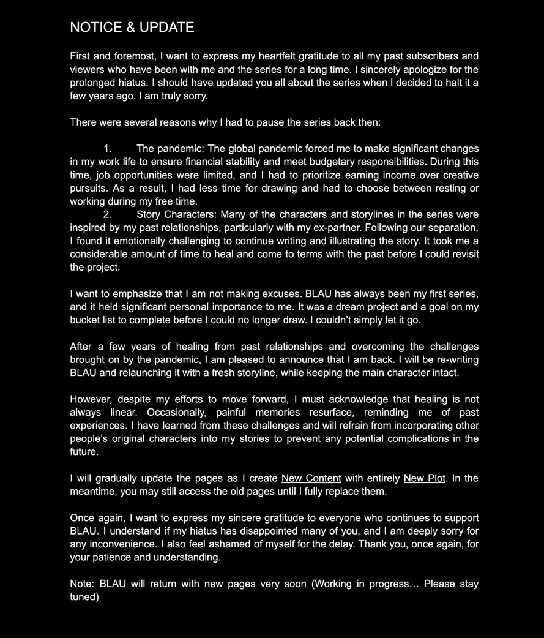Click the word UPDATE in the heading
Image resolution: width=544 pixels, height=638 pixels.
[x=166, y=28]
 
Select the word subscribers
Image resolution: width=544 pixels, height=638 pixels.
[x=425, y=57]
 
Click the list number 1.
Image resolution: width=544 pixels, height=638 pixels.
[x=107, y=149]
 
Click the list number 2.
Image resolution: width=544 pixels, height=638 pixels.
[x=107, y=214]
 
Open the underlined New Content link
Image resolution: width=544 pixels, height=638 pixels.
[x=311, y=478]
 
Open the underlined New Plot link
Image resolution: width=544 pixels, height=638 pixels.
[x=424, y=478]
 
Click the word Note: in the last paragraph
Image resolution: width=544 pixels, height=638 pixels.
[x=82, y=584]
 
